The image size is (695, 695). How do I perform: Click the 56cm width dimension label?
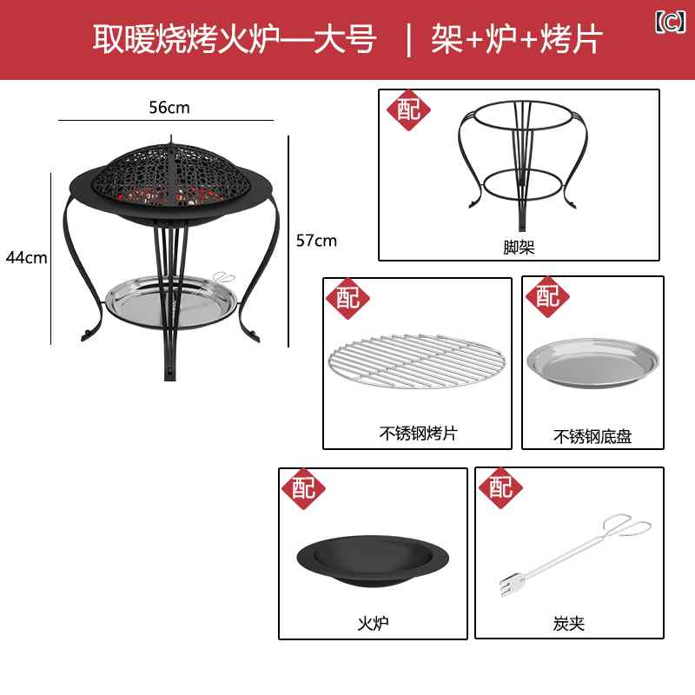pos(169,108)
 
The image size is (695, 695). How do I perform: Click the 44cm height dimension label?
pos(27,257)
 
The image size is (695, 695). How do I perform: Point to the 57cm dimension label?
pos(316,241)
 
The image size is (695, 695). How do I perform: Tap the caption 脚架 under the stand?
pos(519,248)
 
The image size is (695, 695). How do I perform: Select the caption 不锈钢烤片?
pos(418,433)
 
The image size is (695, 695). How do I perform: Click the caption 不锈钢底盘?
pos(592,437)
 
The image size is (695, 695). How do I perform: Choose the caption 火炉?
pos(373,623)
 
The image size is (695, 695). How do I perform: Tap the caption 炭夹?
pos(569,624)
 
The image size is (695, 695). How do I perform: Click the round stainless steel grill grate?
pos(416,361)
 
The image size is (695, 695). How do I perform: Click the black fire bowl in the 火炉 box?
pos(373,560)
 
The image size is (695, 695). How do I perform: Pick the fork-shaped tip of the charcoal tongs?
pos(509,586)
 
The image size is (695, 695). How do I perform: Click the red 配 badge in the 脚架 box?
pos(408,110)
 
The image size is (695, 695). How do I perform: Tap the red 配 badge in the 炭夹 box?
pos(501,487)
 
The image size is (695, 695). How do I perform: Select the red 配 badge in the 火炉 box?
pos(303,488)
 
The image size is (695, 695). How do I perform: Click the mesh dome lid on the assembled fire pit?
pos(172,175)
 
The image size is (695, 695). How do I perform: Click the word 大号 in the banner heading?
pos(345,39)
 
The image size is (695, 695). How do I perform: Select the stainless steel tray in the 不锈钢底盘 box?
pos(592,362)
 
